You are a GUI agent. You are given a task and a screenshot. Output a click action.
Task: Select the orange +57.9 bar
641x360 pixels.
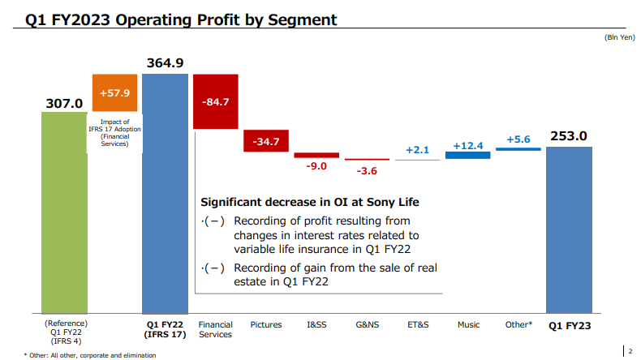coord(115,93)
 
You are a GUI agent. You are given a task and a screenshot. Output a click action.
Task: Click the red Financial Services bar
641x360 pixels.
coord(216,101)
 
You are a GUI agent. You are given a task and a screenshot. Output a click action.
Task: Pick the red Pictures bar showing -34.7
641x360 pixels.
coord(266,141)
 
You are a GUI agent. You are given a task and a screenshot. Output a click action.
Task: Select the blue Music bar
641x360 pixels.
coord(467,155)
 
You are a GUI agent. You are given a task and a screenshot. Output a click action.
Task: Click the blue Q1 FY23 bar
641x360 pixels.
coord(569,230)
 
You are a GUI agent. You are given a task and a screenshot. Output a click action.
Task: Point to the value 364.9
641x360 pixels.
coord(166,62)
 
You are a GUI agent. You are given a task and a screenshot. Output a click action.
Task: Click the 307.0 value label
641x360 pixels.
coord(64,103)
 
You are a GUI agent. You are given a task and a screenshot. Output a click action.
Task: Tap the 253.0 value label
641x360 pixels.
coord(569,136)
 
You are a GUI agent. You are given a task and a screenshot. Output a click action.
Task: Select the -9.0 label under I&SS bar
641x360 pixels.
coord(316,166)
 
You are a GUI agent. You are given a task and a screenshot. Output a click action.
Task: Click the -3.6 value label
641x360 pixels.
coord(367,170)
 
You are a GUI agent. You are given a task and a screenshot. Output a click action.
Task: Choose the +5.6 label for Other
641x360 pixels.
coord(518,139)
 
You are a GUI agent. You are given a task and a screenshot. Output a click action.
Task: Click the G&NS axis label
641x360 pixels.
coord(367,325)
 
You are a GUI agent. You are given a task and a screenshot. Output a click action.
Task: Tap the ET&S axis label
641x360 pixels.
coord(418,325)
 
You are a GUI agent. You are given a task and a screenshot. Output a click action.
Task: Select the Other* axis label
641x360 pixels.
coord(518,325)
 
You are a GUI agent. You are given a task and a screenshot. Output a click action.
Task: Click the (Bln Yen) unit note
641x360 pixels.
coord(617,38)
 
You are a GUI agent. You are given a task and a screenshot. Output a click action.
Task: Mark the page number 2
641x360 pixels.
coord(630,351)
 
